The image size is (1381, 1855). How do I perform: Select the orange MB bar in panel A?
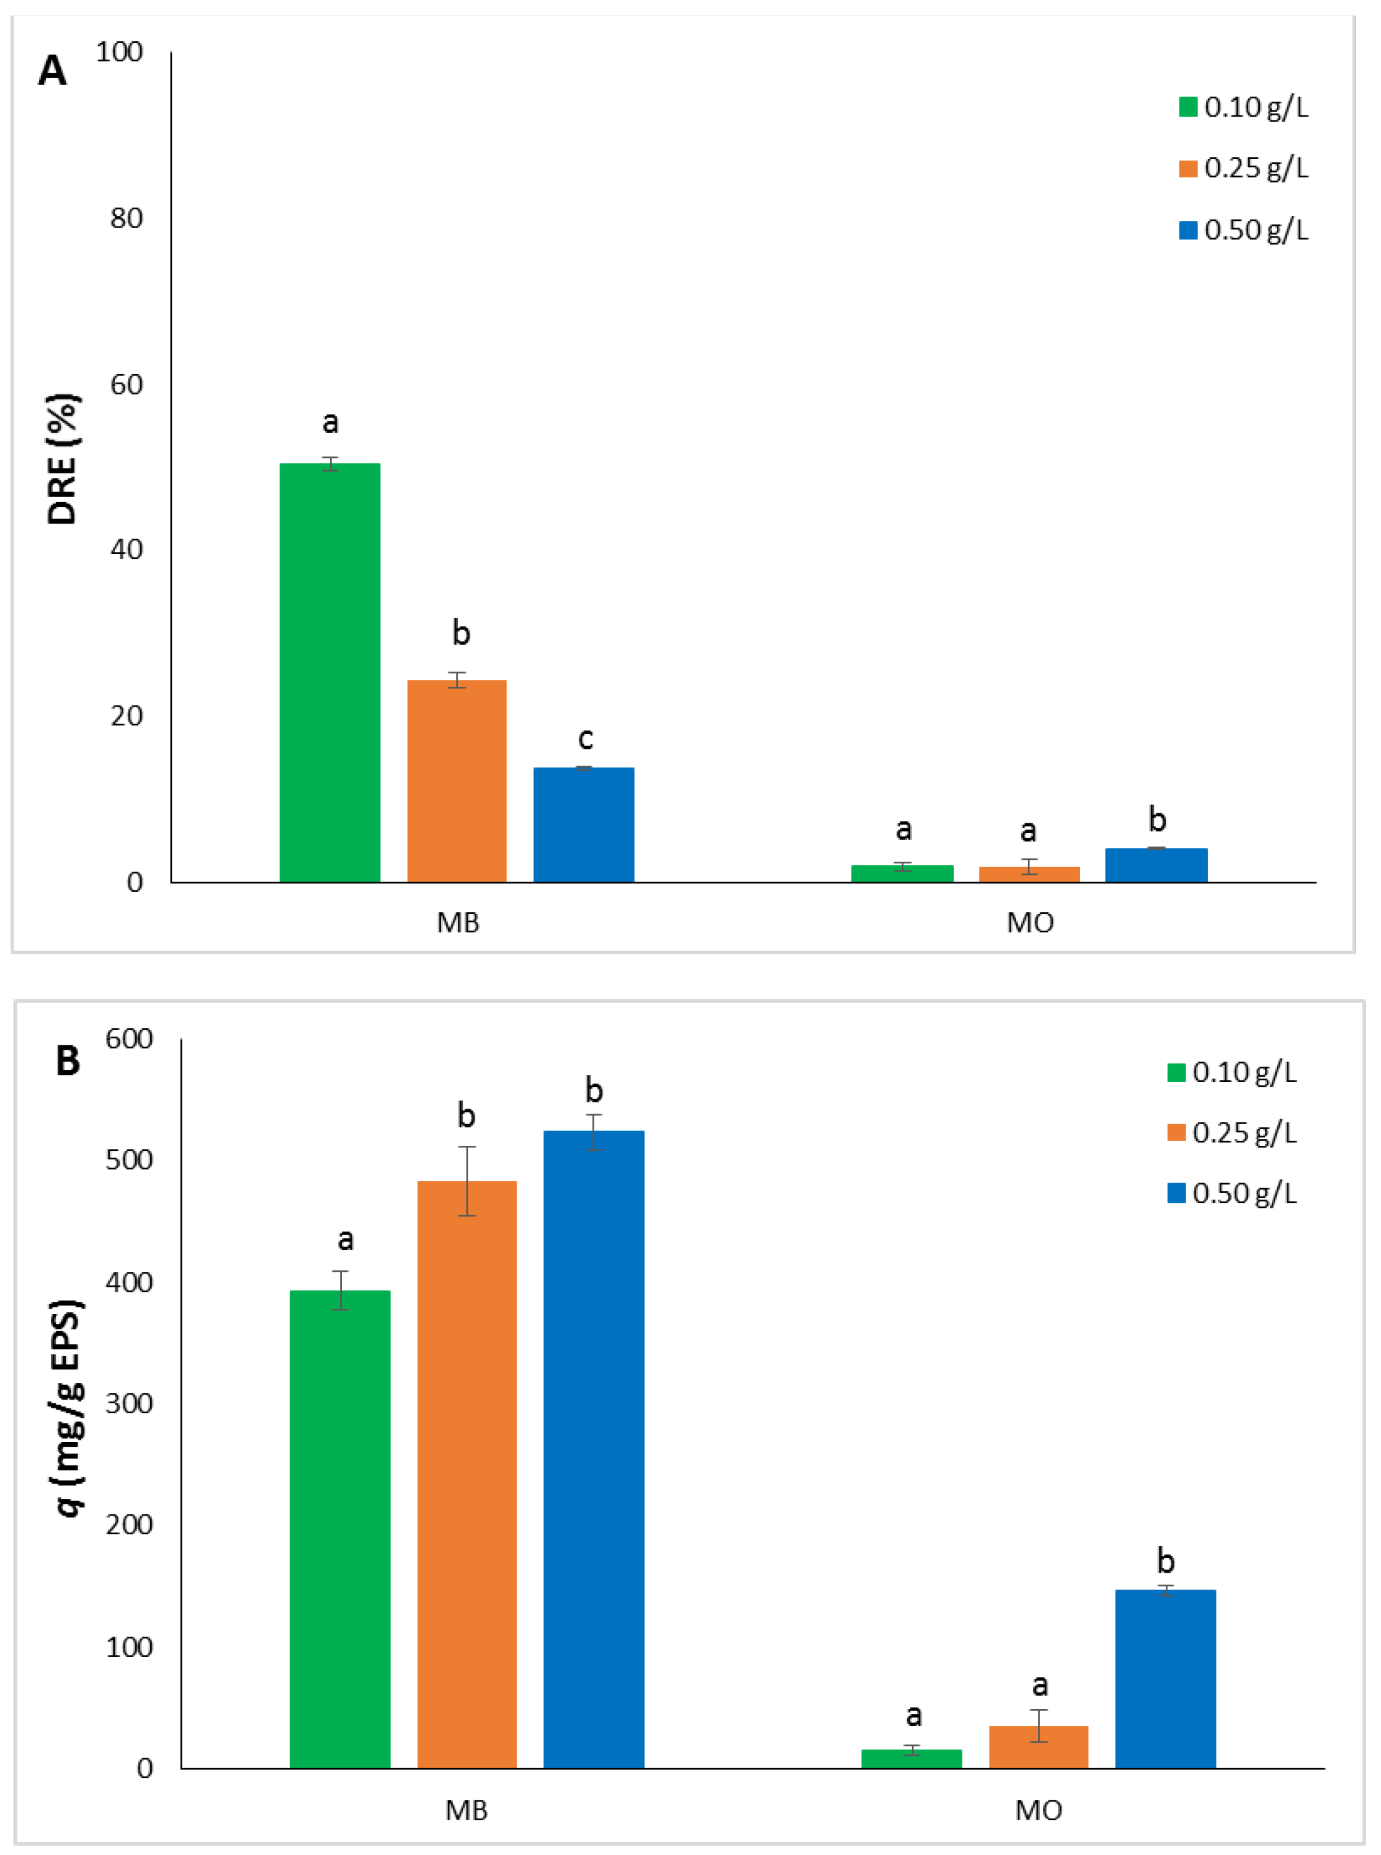coord(457,781)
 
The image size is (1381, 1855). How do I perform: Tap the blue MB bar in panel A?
coord(584,825)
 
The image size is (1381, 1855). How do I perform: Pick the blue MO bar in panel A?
coord(1156,865)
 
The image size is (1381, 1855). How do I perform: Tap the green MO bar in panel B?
coord(911,1758)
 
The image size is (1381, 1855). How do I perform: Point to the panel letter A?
coord(52,71)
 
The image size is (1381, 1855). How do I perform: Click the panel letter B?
coord(67,1061)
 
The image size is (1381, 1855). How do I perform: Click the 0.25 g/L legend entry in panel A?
coord(1244,168)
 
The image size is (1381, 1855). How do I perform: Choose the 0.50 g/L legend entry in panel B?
coord(1232,1193)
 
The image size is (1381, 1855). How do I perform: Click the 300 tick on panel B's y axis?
coord(129,1403)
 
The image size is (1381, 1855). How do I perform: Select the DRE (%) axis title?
coord(63,459)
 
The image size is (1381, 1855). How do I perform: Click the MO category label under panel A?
coord(1030,923)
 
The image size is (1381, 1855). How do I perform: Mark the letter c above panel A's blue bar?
coord(585,739)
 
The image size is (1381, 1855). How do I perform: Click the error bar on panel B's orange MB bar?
coord(467,1181)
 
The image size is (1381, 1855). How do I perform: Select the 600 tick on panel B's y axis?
coord(129,1039)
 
